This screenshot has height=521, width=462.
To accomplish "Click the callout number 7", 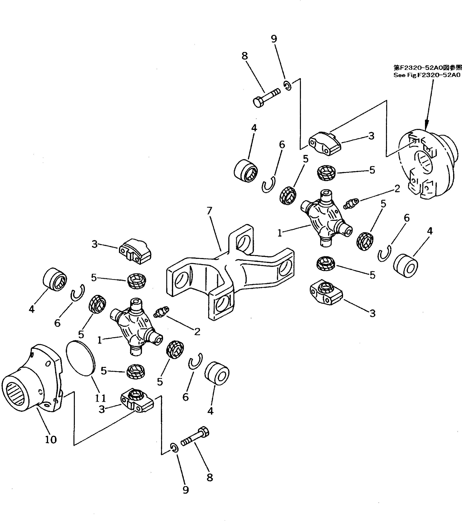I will (x=209, y=211).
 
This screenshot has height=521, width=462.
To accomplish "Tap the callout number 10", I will (x=51, y=439).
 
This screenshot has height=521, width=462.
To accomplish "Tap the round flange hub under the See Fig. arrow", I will (x=426, y=166).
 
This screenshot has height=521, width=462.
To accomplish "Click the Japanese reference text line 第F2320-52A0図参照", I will (x=427, y=68).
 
